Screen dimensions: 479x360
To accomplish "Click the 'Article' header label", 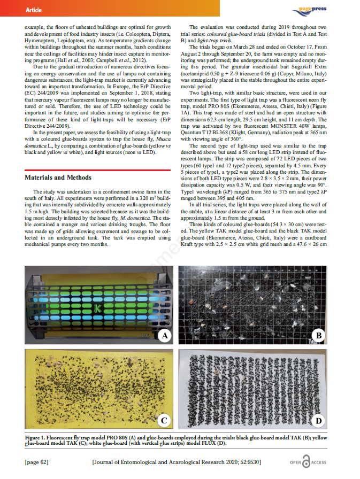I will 33,10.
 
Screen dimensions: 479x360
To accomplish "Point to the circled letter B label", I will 319,335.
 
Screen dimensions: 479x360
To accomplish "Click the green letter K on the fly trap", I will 97,308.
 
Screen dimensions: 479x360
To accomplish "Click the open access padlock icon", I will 307,462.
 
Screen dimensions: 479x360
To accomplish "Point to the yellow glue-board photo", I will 99,389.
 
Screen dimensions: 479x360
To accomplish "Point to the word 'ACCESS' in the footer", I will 323,462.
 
